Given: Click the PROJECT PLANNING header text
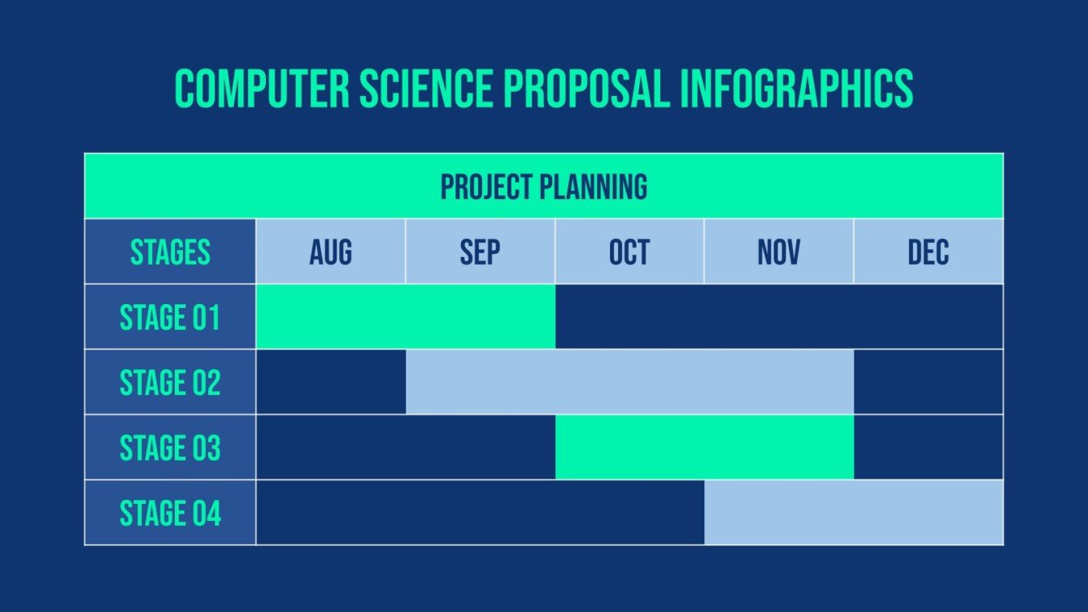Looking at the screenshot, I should click(543, 187).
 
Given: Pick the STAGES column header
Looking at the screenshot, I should click(170, 252).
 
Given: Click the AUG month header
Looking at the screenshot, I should click(330, 252).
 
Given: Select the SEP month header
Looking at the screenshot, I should click(480, 252).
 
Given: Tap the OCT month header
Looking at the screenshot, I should click(629, 252).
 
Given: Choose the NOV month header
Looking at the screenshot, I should click(778, 252).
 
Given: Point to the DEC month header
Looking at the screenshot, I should click(928, 252).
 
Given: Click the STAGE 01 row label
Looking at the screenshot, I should click(170, 317).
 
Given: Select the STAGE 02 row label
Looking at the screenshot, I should click(170, 382).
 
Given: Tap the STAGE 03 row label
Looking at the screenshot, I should click(170, 448).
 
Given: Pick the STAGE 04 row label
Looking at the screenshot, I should click(170, 513).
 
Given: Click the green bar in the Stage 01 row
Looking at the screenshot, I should click(405, 317).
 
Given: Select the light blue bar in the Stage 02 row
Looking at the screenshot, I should click(629, 382).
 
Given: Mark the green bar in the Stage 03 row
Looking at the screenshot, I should click(704, 448).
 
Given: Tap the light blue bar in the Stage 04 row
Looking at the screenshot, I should click(853, 513).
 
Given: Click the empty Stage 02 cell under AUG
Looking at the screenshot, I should click(330, 382).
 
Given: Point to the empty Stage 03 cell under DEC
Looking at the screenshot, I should click(928, 448).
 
